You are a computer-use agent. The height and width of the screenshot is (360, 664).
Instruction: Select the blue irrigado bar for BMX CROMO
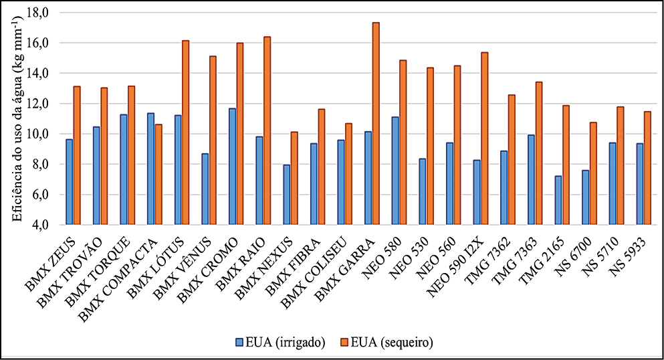(x=232, y=167)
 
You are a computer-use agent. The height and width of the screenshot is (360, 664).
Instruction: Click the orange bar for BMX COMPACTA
(x=158, y=174)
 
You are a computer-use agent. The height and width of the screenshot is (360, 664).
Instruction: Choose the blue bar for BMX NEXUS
(x=286, y=195)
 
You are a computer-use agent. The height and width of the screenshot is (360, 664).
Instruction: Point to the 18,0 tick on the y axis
(x=39, y=13)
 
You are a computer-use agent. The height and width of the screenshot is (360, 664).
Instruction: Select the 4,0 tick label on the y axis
(x=42, y=225)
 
